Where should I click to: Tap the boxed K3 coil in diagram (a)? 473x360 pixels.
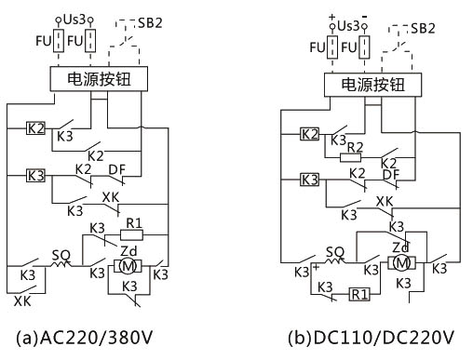tap(35, 174)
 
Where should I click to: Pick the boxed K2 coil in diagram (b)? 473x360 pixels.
tap(309, 134)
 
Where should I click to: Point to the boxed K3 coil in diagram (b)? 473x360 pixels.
tap(309, 178)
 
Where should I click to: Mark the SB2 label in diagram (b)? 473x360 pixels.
tap(424, 28)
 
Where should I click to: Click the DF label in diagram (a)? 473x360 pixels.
tap(118, 168)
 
